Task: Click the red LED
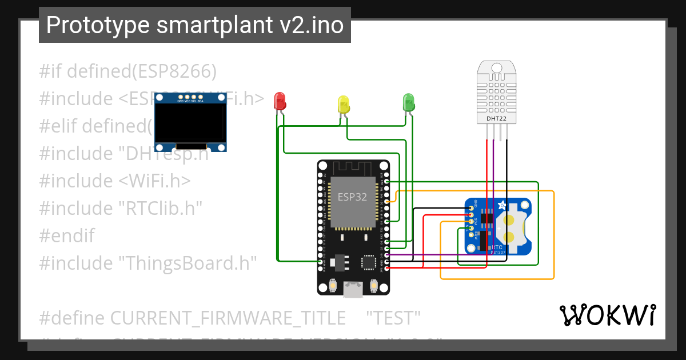[280, 101]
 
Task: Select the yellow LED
[343, 104]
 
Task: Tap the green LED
[408, 102]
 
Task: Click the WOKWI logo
[607, 315]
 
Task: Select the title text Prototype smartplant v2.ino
[195, 25]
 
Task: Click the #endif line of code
[67, 235]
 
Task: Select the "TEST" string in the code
[393, 318]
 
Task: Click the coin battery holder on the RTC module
[510, 227]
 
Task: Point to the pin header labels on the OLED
[190, 101]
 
